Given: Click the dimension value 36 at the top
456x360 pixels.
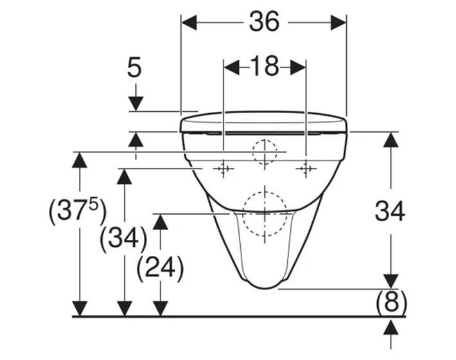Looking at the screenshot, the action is tap(265, 22).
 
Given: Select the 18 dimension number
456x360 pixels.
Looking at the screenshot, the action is tap(265, 66).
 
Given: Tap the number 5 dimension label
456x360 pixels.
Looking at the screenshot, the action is tap(134, 67).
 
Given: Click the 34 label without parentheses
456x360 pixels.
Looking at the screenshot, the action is tap(390, 212).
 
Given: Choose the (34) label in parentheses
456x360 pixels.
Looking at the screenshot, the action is tap(123, 239).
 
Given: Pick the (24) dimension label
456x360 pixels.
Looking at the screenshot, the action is tap(160, 268).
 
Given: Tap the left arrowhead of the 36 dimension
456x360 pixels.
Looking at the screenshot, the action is tap(189, 22).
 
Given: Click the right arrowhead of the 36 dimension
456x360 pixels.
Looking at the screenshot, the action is tap(338, 22).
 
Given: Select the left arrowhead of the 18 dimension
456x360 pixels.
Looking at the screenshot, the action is tap(231, 67).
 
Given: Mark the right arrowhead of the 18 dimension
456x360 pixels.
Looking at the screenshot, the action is tap(298, 67).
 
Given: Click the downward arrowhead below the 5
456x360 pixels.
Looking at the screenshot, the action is tap(136, 104).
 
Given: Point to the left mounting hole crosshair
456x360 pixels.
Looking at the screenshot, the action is tap(224, 168).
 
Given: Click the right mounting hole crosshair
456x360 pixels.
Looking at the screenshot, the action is tap(306, 168).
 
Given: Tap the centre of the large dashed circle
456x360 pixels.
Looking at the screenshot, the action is tap(265, 213).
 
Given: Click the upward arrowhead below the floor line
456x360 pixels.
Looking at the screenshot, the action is tap(391, 328).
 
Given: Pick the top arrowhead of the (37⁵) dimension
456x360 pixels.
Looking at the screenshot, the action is tap(80, 160).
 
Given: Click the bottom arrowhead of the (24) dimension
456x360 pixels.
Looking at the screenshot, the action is tap(160, 309).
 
